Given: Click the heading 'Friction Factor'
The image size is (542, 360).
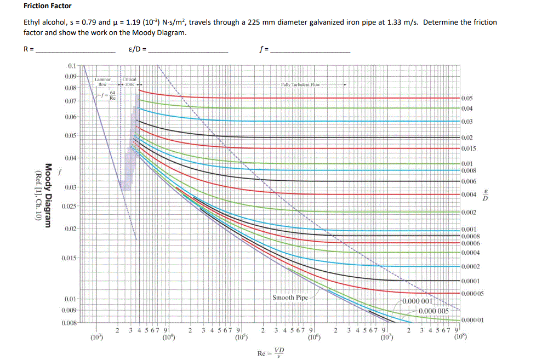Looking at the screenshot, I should tap(47, 6).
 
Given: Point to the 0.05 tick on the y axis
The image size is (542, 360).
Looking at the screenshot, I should tap(70, 135).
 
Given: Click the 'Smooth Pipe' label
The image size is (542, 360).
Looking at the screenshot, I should tap(290, 298).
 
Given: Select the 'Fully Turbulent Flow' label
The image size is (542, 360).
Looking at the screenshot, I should tap(300, 85).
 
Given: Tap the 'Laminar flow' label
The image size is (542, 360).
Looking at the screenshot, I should tap(102, 82).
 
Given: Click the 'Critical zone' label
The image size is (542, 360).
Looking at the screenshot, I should tap(130, 82).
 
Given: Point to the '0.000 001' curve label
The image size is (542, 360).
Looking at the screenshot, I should tap(419, 301).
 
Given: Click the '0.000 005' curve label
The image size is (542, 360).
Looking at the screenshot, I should tap(433, 311).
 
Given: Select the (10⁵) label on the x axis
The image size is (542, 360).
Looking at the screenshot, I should tap(241, 337).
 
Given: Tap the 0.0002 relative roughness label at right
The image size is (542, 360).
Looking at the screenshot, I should tap(471, 267).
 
